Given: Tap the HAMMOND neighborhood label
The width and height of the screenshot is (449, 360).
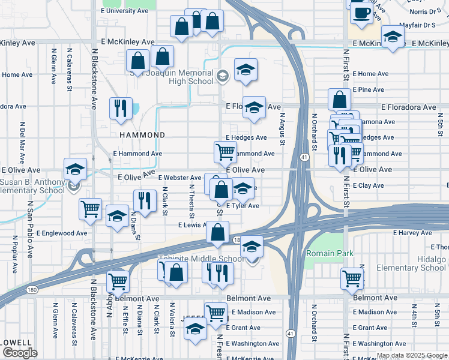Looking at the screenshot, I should coord(142,135).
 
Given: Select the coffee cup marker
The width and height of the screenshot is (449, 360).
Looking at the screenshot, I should coord(361,13).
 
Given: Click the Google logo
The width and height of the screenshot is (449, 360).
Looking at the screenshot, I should coord(19,353).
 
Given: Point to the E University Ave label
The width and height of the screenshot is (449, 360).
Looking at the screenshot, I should coord(124,11).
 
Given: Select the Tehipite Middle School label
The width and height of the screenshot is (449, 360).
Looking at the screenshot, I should coord(201,259).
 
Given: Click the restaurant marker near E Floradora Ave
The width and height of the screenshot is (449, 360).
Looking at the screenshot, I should coord(121,108).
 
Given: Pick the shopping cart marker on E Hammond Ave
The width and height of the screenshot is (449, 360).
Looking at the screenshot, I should coord(225,152).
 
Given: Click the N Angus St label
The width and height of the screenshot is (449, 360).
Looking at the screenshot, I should coord(282,129).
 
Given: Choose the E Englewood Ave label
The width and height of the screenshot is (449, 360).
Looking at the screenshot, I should coord(62,233).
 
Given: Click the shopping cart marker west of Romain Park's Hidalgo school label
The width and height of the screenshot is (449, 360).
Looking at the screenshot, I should coord(352,278).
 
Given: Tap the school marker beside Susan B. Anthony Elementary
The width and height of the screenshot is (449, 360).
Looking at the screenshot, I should coord(75,170).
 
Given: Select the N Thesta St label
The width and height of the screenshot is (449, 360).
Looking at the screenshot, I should coord(192,199).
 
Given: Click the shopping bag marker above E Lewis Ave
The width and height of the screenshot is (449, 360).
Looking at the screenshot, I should coord(217,231).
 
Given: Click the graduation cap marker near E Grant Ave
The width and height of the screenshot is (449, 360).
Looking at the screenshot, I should coord(195,329).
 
